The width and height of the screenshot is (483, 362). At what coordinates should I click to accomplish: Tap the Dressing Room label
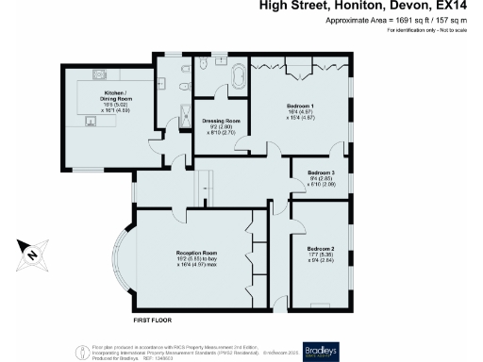(222, 122)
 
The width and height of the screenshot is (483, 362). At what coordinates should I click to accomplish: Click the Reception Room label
(196, 254)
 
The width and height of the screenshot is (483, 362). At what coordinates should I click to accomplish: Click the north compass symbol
(29, 252)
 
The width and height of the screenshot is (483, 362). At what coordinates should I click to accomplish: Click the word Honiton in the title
(354, 7)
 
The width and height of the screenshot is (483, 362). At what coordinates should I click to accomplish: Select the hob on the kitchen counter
(98, 74)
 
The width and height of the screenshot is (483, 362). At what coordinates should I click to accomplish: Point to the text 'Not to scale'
(458, 32)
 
